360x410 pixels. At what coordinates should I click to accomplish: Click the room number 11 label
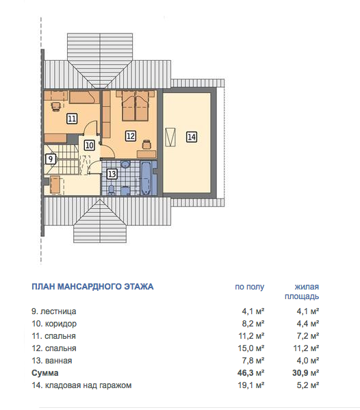[72, 118]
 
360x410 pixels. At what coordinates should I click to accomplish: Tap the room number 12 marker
[131, 136]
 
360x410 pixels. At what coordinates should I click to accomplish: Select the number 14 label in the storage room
[192, 137]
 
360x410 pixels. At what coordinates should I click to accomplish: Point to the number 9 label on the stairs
[51, 159]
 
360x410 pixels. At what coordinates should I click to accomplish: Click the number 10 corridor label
[90, 145]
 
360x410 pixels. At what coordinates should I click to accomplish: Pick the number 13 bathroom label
[112, 174]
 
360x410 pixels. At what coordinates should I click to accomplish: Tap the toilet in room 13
[112, 190]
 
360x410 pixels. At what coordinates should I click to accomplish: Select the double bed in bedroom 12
[135, 105]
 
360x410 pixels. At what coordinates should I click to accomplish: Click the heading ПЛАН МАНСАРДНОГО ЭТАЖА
[92, 287]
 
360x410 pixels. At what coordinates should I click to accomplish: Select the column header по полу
[249, 287]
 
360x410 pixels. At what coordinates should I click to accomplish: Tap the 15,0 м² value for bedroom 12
[251, 348]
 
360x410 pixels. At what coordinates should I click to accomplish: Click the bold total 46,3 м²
[251, 372]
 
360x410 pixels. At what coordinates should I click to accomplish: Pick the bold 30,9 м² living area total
[305, 372]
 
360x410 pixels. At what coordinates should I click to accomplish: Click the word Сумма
[45, 372]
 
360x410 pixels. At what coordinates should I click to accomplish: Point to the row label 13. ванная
[52, 360]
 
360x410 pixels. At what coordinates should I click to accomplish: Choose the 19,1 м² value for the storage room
[251, 385]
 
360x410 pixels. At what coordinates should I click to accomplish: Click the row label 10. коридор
[54, 324]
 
